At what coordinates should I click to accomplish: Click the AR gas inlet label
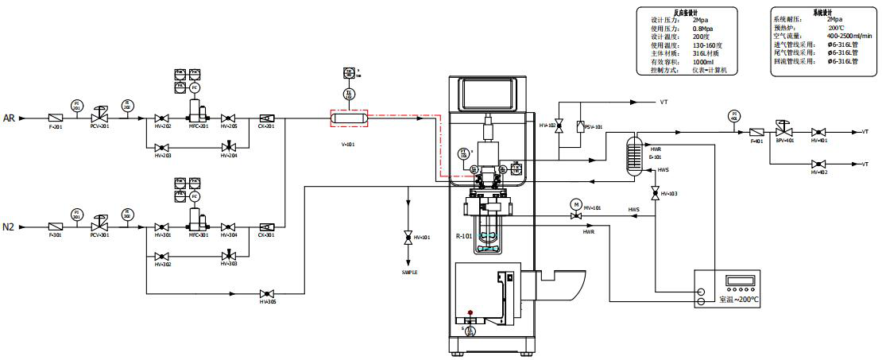click(x=10, y=118)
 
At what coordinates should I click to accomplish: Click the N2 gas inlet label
click(x=10, y=227)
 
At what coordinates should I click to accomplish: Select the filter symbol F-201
click(x=56, y=118)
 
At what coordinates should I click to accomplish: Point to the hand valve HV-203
click(x=161, y=147)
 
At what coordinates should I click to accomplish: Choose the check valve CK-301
click(x=265, y=227)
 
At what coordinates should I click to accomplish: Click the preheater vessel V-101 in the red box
click(x=348, y=118)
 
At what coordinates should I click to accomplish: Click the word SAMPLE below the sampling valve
click(x=408, y=272)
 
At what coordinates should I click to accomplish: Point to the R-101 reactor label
click(x=464, y=236)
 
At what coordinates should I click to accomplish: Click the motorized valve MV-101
click(x=576, y=216)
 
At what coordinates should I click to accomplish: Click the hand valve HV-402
click(x=818, y=164)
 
